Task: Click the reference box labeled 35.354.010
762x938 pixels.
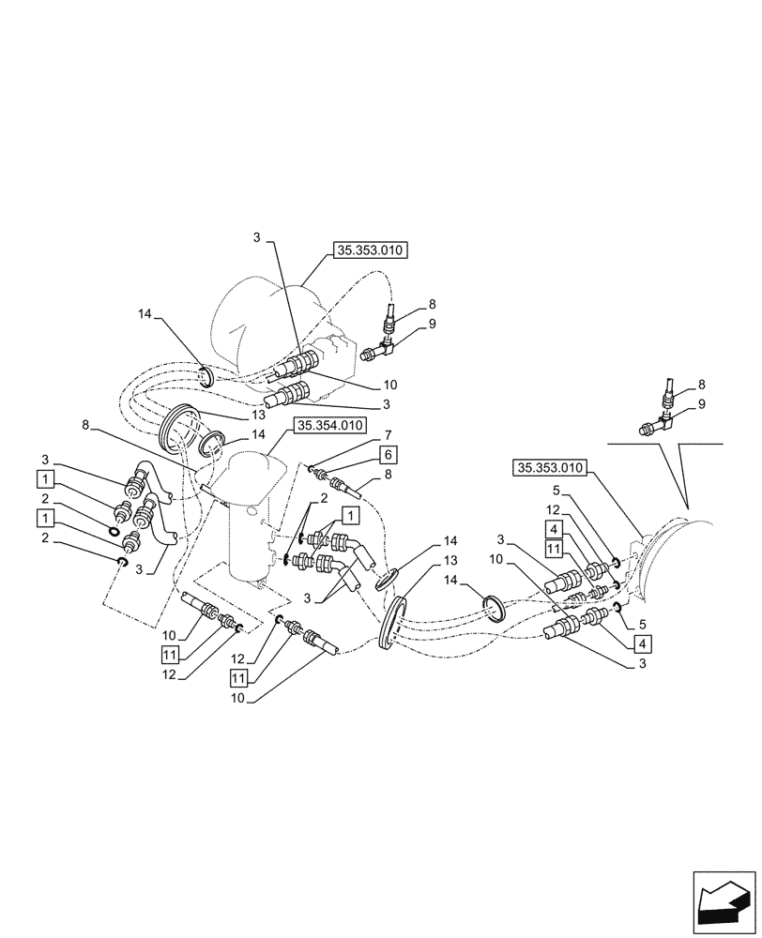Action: pyautogui.click(x=329, y=425)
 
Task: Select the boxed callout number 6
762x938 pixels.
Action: pyautogui.click(x=388, y=454)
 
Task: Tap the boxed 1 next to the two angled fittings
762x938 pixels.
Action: pyautogui.click(x=348, y=515)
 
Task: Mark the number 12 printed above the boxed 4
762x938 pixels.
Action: pyautogui.click(x=553, y=510)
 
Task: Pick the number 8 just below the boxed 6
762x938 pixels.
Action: pyautogui.click(x=387, y=476)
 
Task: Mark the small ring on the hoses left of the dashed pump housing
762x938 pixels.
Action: pyautogui.click(x=208, y=378)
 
